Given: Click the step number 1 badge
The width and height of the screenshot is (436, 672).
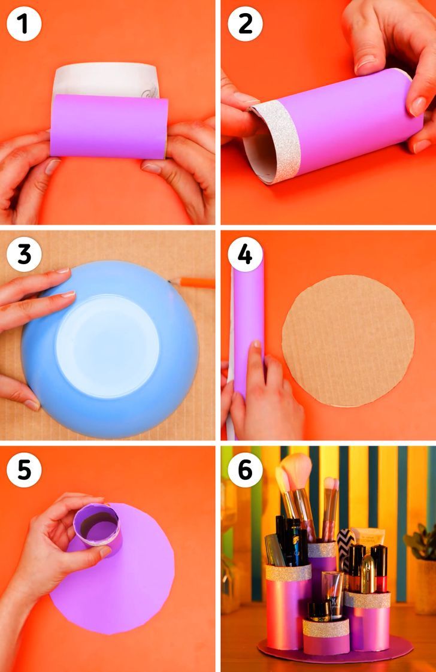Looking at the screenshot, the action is point(24,23).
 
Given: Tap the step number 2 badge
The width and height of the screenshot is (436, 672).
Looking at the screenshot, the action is point(245,23).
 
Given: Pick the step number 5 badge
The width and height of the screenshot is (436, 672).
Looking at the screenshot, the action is point(24,470).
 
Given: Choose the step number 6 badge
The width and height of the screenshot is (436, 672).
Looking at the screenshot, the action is point(245,470).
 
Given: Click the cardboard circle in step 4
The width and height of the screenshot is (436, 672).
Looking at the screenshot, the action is point(348,341).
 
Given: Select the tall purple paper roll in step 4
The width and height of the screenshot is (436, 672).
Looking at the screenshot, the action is point(249,326).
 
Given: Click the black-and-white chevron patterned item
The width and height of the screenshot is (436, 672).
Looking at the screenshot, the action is point(345,549).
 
